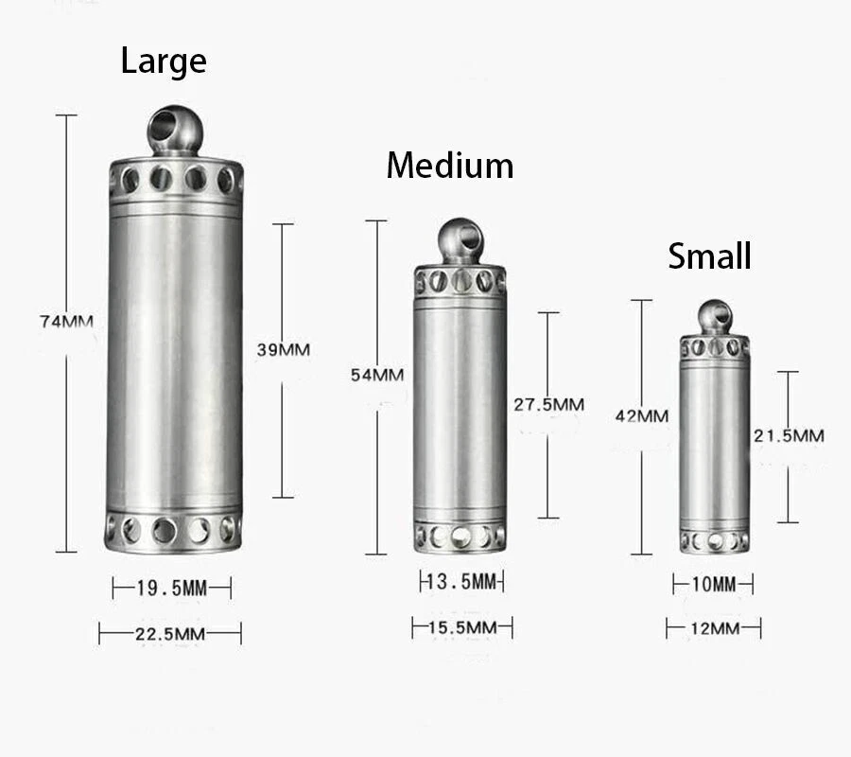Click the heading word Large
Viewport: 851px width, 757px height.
163,62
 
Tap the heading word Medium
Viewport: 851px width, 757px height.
449,166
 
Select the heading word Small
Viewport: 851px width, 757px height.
709,255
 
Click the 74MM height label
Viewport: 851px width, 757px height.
66,321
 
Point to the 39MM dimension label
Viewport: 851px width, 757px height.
283,349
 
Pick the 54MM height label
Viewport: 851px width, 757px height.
376,375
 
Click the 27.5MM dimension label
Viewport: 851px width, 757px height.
548,404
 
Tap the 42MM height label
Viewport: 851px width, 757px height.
641,415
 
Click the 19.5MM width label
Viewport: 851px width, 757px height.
171,589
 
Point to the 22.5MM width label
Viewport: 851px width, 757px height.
170,634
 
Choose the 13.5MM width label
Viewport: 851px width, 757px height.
461,581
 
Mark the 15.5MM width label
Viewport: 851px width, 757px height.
462,627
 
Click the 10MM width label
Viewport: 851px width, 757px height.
713,585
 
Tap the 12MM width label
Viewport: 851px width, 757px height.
713,628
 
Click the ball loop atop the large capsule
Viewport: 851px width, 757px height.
175,130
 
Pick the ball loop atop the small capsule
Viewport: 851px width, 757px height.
715,318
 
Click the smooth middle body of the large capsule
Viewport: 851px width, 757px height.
174,360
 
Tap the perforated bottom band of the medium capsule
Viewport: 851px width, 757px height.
460,537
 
